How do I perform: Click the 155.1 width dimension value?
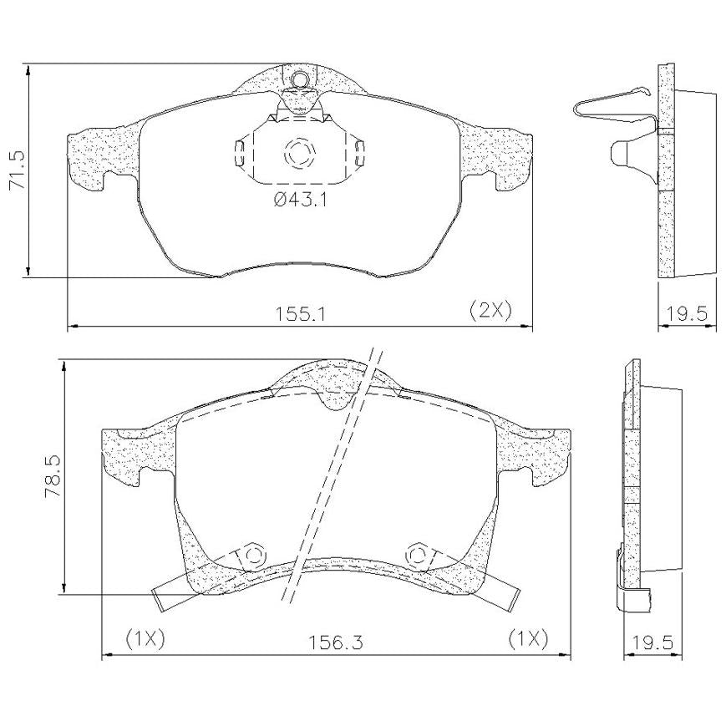(301, 314)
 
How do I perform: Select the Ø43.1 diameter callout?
(301, 201)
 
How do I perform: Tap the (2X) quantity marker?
(490, 310)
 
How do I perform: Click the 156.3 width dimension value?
(336, 642)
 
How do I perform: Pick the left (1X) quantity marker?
(145, 639)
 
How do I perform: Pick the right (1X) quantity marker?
(528, 639)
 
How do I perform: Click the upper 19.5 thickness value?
(687, 314)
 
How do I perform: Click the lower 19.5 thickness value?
(652, 642)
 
